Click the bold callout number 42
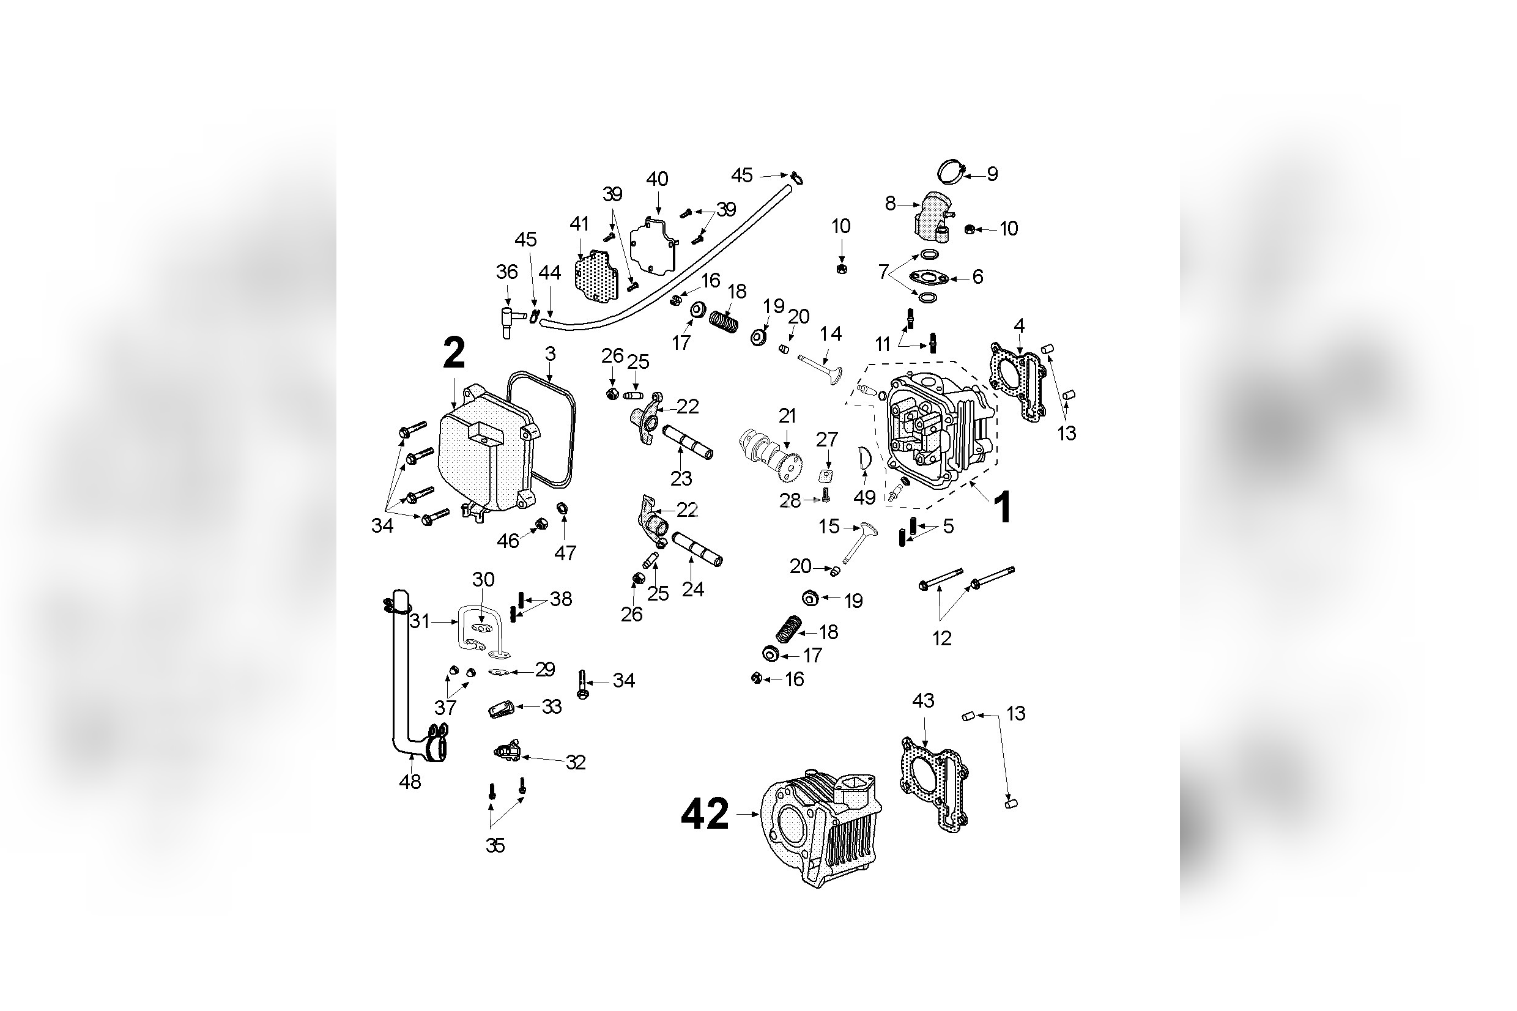(x=704, y=814)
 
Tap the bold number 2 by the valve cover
(x=453, y=355)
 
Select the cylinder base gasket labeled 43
(x=934, y=787)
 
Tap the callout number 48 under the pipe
(x=410, y=782)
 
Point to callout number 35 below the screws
(x=494, y=845)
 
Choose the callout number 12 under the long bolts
(x=941, y=639)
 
